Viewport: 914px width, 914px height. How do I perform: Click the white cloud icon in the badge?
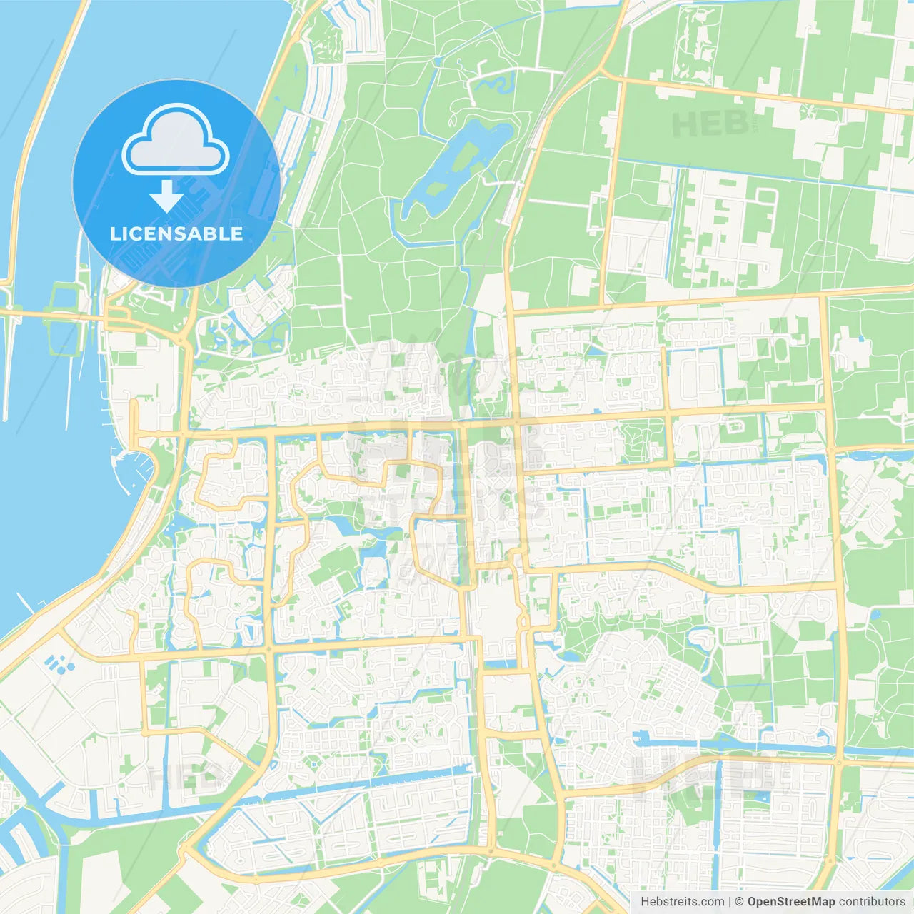pos(176,141)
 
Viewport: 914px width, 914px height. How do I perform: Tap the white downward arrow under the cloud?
pos(167,196)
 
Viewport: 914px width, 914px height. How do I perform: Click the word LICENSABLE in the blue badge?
pos(176,233)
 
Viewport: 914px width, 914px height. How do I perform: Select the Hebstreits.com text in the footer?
pos(682,902)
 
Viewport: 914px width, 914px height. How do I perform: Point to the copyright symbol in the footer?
pos(740,902)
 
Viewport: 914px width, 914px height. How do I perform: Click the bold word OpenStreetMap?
pos(791,902)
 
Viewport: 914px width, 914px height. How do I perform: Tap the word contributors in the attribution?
pos(872,902)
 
